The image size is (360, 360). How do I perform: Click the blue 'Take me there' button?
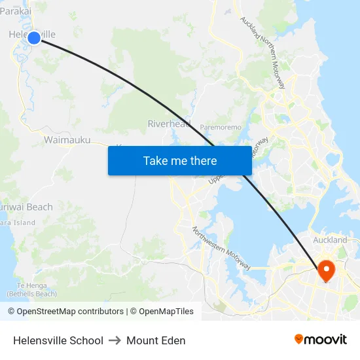point(180,160)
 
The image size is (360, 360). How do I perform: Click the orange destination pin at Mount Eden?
point(325,270)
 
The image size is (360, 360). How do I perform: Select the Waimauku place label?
point(67,139)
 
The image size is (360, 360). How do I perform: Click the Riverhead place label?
point(169,124)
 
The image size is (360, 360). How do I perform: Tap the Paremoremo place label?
point(221,127)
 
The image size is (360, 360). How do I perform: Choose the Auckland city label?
point(330,240)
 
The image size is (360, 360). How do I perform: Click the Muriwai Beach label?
point(26,207)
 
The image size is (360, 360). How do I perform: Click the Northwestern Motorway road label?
point(221,248)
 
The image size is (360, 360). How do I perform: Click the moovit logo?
point(321,340)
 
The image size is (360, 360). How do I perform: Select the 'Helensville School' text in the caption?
point(58,340)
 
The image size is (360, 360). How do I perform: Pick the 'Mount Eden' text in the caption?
point(156,340)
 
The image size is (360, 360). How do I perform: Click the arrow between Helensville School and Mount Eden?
point(115,340)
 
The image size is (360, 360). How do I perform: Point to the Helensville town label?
point(31,34)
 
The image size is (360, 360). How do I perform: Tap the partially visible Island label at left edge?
point(18,223)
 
